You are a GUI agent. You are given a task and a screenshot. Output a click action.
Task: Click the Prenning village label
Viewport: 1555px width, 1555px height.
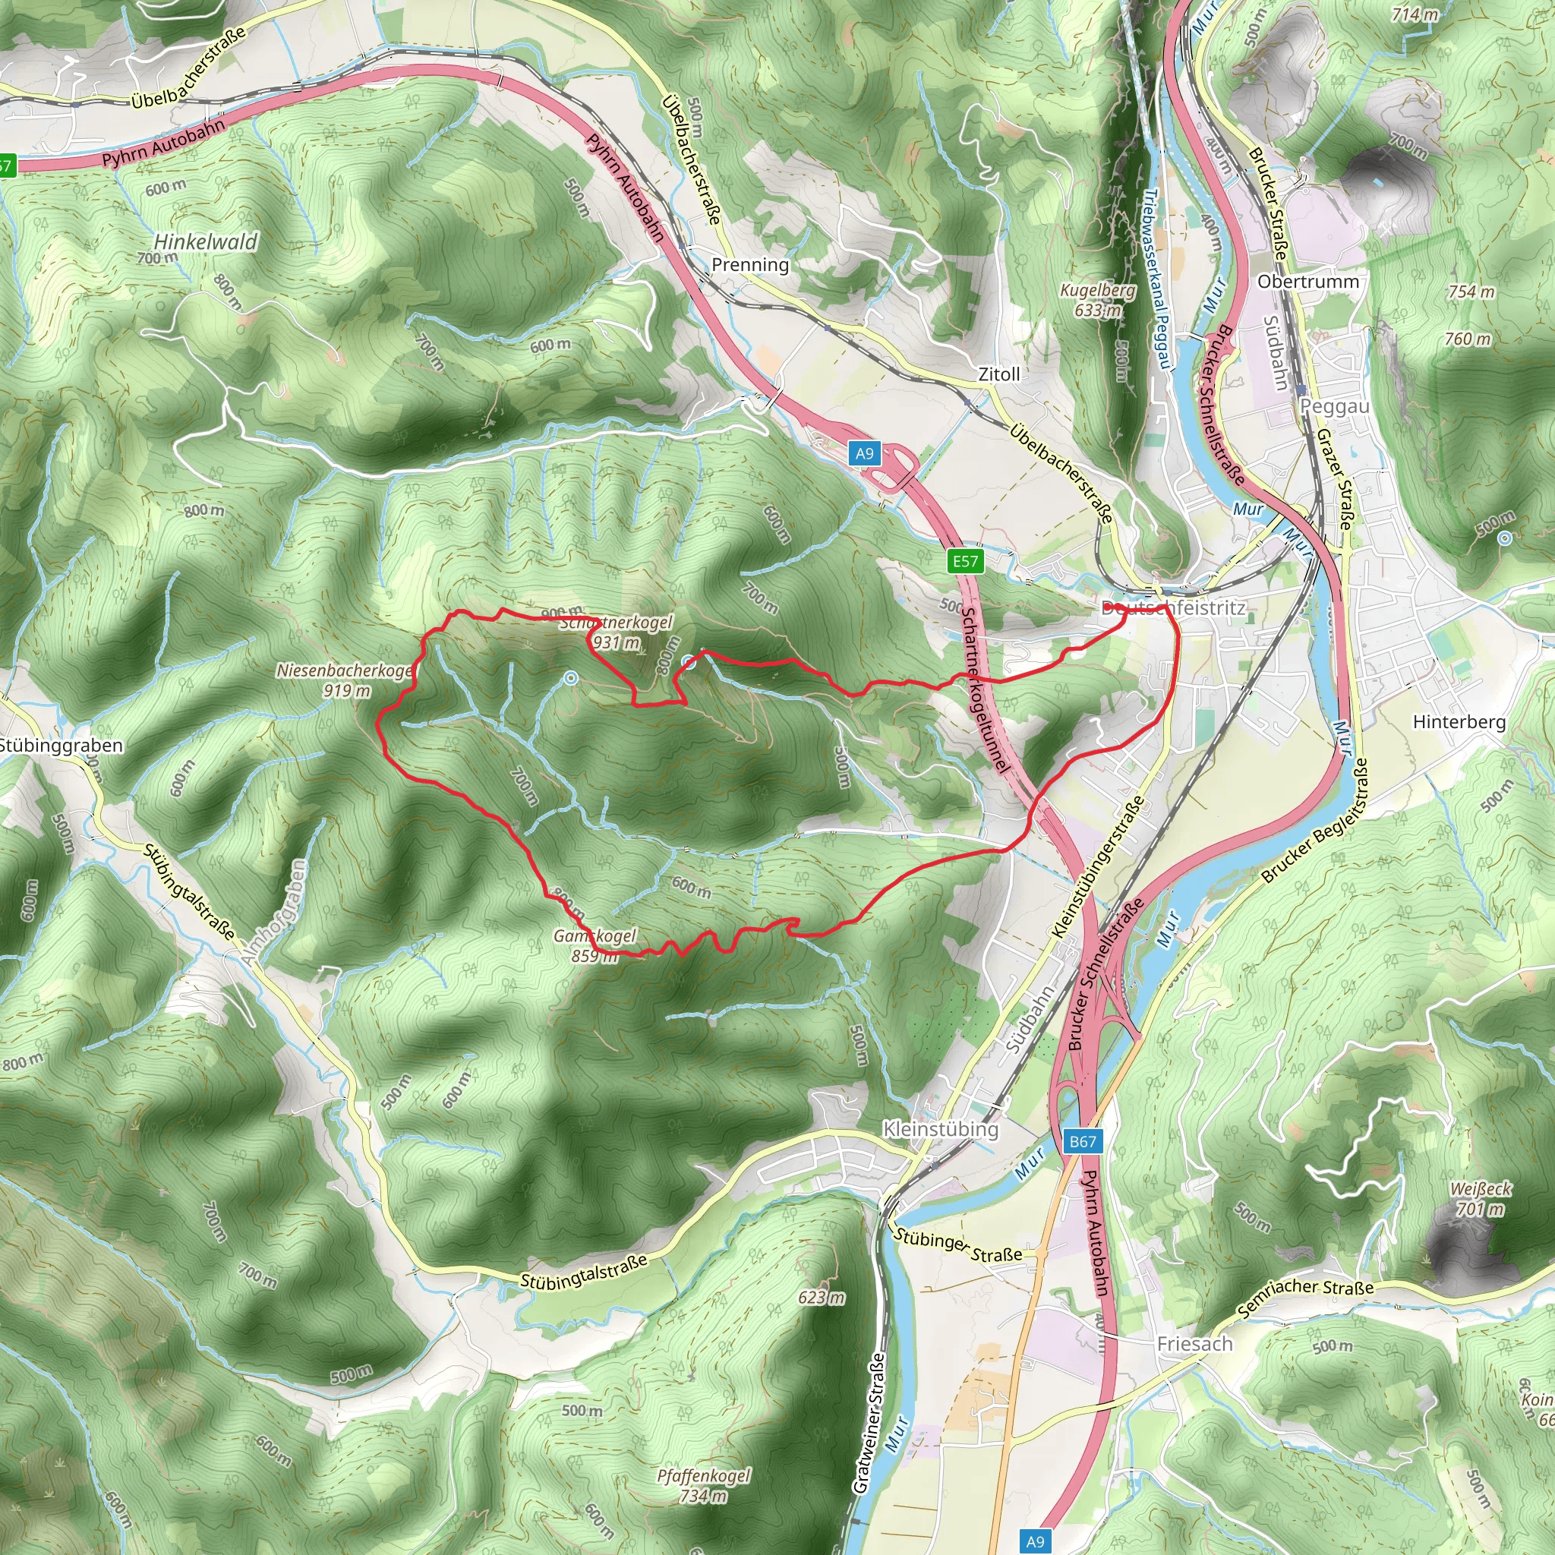pos(750,265)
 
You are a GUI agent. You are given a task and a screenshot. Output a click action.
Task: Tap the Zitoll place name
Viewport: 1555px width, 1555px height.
pos(999,374)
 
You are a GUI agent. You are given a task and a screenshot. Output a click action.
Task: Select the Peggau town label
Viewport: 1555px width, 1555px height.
pos(1335,406)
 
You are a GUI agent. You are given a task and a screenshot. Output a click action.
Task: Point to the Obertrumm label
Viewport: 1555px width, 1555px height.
pos(1308,282)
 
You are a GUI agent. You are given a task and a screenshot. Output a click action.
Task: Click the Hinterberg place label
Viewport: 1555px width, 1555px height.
pos(1459,722)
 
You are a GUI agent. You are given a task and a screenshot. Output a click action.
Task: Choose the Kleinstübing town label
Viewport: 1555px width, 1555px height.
pos(940,1129)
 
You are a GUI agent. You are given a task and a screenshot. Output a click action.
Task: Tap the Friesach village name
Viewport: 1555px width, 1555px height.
pos(1194,1343)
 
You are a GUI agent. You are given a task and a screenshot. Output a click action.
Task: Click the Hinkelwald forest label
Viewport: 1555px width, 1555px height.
pos(205,241)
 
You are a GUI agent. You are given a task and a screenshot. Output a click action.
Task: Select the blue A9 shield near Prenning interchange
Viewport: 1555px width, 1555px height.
pos(864,453)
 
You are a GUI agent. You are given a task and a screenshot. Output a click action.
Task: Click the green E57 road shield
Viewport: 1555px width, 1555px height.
pos(965,561)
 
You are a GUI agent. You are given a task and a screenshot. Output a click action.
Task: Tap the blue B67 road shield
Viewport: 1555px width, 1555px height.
pos(1083,1141)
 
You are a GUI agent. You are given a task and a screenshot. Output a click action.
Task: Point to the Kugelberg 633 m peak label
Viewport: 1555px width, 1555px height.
pos(1098,299)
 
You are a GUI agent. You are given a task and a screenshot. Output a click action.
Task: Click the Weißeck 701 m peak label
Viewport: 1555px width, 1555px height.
pos(1481,1198)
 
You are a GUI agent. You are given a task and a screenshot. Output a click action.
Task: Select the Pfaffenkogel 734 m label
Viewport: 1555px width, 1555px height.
pos(703,1485)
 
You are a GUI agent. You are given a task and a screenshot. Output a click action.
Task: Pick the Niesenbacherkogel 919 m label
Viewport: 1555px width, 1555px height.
pos(345,680)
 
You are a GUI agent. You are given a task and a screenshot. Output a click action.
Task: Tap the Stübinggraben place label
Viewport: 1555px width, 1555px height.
pos(62,746)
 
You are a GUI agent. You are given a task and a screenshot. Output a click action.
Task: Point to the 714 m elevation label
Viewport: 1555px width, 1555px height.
pos(1415,14)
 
